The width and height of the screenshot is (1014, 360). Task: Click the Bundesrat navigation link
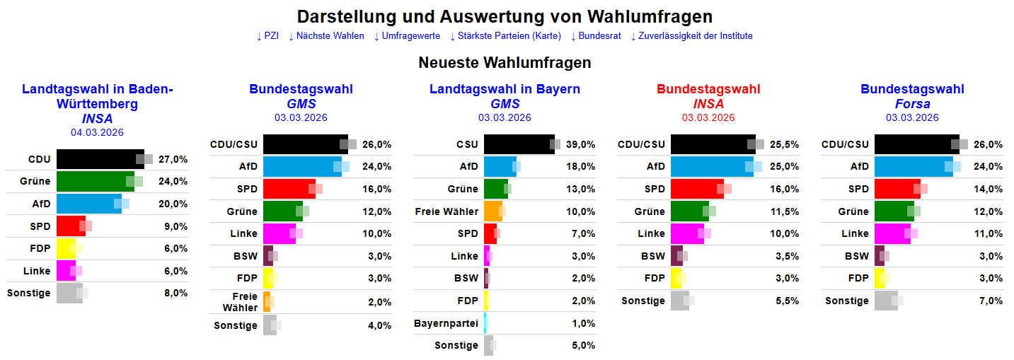[599, 36]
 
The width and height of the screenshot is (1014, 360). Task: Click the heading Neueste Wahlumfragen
[505, 63]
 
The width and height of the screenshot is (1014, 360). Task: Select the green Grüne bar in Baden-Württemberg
[95, 181]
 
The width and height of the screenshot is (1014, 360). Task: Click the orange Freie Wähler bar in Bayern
[492, 211]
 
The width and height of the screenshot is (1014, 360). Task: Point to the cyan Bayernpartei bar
[485, 323]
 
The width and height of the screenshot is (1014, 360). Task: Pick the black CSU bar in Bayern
[519, 144]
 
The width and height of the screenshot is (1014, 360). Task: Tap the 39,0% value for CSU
[580, 144]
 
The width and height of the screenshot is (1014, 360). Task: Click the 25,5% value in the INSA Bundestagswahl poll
[784, 144]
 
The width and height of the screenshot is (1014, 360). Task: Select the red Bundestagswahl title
[708, 89]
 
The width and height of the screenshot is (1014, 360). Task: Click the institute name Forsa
[912, 104]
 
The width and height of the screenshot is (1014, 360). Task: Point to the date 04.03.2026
[97, 132]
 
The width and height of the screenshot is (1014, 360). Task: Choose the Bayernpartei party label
[446, 323]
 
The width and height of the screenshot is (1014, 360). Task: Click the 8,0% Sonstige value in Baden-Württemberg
[175, 293]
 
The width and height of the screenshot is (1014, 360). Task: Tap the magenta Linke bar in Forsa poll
[892, 233]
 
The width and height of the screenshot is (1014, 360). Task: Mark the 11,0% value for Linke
[988, 233]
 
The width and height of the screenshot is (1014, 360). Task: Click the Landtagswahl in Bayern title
[505, 89]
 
